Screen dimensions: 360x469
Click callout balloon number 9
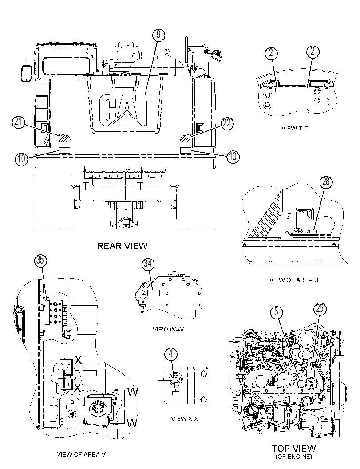(158, 35)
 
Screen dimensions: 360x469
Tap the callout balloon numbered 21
(18, 123)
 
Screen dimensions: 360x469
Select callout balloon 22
(227, 123)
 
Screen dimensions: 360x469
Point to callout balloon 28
(326, 182)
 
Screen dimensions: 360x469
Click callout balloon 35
(40, 260)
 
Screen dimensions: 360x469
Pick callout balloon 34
(148, 264)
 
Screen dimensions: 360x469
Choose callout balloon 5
(276, 312)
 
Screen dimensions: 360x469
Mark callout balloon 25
(320, 308)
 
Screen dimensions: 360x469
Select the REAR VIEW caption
(122, 246)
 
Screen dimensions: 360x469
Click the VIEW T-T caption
(294, 129)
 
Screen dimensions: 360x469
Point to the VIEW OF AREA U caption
(294, 280)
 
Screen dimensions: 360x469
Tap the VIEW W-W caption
(168, 329)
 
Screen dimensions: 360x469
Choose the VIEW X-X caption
(185, 418)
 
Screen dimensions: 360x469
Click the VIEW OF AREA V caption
(81, 454)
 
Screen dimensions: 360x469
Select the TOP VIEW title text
(294, 449)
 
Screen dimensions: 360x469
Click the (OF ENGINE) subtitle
(293, 457)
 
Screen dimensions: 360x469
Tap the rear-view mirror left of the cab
(26, 73)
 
